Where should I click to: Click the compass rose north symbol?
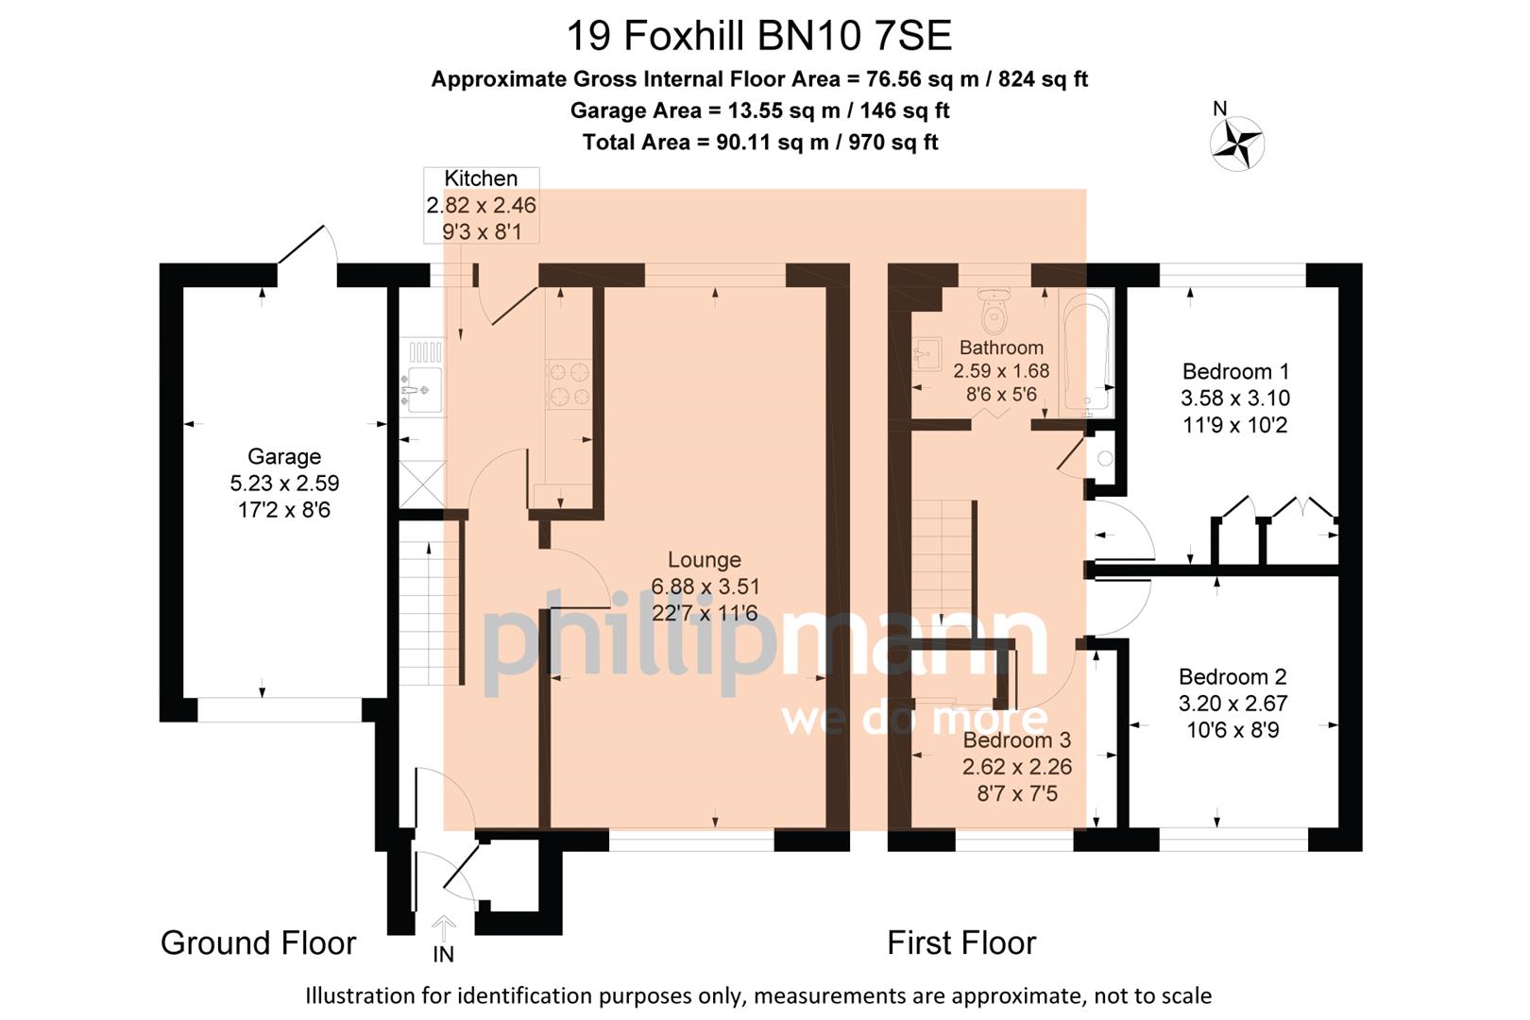(x=1236, y=144)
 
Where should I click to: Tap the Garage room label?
(x=284, y=457)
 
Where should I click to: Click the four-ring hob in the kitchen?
(x=569, y=384)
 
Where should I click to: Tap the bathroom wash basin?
(x=926, y=355)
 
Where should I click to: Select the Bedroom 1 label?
(x=1235, y=371)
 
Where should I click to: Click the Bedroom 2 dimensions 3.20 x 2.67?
(x=1232, y=704)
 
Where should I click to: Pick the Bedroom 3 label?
(x=1016, y=740)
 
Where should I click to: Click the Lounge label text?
(x=705, y=560)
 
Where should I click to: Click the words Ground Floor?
(x=258, y=943)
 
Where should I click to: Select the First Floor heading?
(x=960, y=943)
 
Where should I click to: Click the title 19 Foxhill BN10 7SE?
(x=758, y=37)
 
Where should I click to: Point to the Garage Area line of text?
(x=759, y=110)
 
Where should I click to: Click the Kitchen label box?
(x=482, y=205)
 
